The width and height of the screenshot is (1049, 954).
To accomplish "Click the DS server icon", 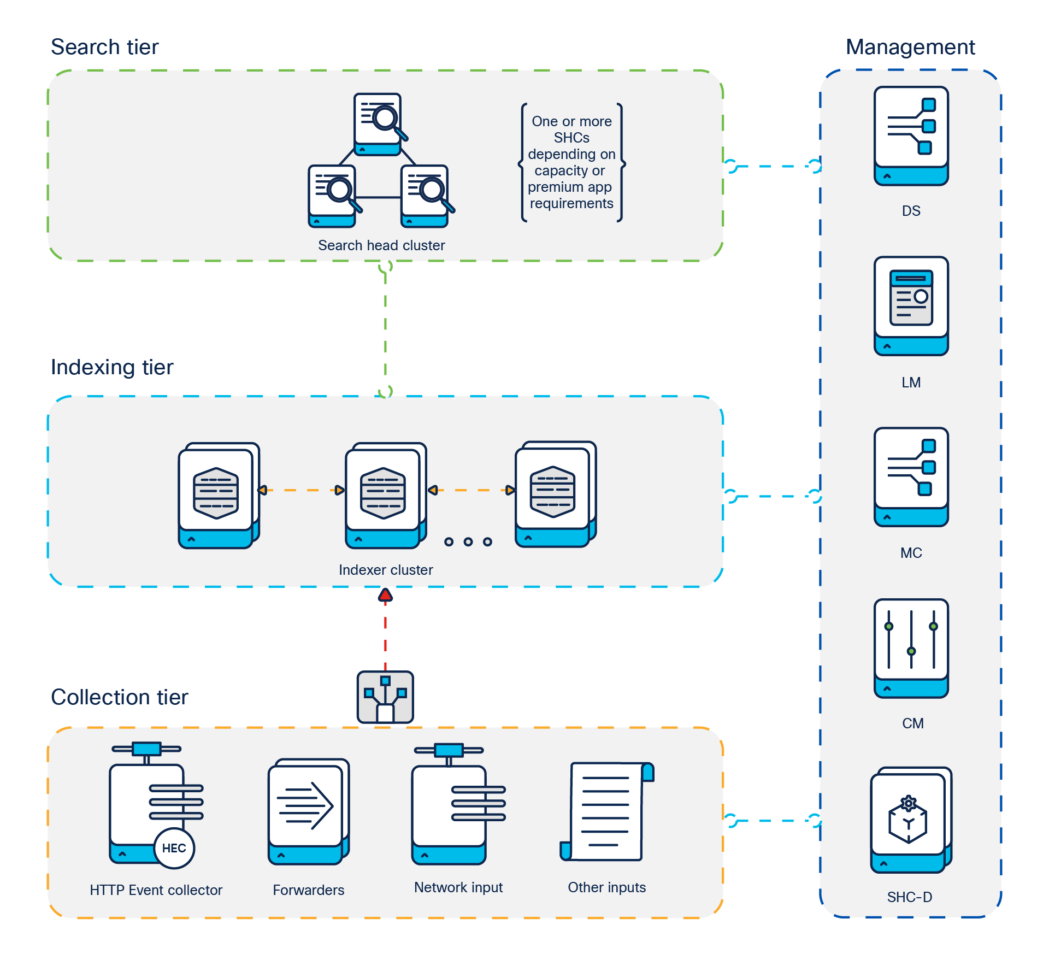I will click(911, 136).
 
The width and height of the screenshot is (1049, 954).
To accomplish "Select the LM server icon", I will click(911, 306).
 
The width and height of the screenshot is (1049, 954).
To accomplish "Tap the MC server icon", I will click(911, 476).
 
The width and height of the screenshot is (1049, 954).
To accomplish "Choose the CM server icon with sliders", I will click(911, 648).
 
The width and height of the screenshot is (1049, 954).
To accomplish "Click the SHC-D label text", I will click(909, 897).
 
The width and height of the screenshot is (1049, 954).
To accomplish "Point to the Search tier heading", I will click(104, 47).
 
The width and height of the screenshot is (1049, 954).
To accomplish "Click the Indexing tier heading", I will click(111, 367).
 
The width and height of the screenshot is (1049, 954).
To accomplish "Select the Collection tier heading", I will click(119, 697).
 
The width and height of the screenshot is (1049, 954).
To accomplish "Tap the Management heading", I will click(910, 47).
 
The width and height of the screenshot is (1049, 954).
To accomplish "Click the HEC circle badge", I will click(174, 848).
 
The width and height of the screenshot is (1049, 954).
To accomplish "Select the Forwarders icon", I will click(308, 811).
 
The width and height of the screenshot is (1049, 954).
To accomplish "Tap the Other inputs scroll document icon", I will click(606, 811).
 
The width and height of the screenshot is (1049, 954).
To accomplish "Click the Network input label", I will click(458, 887).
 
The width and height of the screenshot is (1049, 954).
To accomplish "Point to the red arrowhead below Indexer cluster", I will click(385, 595).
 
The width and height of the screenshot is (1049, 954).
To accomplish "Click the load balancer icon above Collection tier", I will click(385, 697).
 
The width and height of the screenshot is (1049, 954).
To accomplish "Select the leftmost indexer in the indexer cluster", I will click(217, 495).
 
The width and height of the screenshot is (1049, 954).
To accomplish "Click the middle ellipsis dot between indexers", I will click(468, 541).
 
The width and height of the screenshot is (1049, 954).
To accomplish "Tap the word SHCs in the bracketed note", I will click(571, 138).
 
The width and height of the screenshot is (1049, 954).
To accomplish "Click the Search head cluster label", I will click(381, 245).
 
